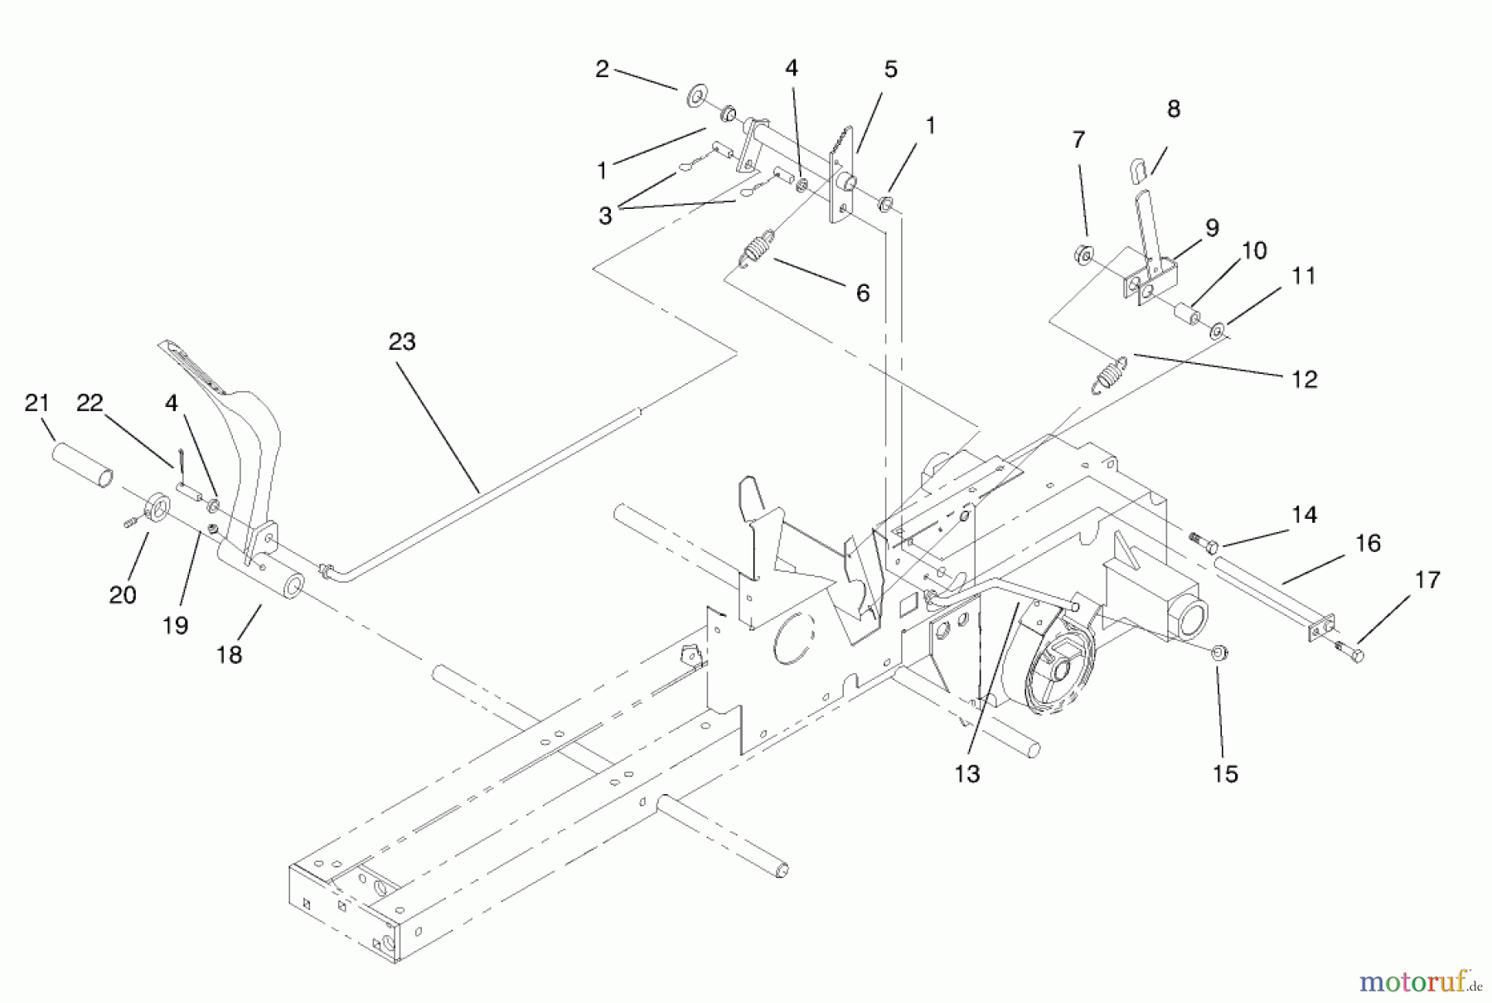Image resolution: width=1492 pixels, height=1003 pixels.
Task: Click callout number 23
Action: [402, 342]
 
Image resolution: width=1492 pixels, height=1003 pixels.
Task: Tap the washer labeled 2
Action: [695, 97]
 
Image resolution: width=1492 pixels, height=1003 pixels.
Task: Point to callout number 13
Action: [966, 773]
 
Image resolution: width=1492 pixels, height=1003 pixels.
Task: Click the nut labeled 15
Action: [1219, 653]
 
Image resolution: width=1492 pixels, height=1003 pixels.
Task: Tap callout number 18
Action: [229, 654]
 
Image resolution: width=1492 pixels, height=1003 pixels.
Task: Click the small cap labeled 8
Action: [1140, 169]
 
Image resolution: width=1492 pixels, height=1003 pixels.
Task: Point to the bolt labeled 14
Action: [1203, 542]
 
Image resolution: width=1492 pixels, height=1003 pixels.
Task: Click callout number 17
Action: [1427, 579]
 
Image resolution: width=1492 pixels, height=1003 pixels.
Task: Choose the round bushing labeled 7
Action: [1083, 254]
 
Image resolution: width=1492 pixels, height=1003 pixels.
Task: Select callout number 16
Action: [1368, 543]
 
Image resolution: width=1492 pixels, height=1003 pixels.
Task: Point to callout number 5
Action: [890, 70]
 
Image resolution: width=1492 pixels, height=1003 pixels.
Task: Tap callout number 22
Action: [90, 403]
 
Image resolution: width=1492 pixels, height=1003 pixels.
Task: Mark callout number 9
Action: [1212, 228]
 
